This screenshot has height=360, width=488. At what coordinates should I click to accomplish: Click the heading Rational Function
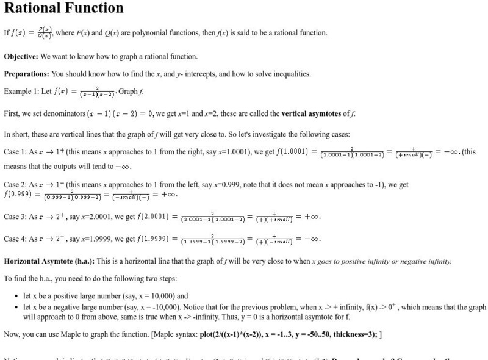tap(63, 8)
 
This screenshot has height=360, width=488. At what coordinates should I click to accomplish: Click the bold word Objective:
tap(21, 57)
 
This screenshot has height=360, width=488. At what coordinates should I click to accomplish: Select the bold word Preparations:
tap(26, 74)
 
